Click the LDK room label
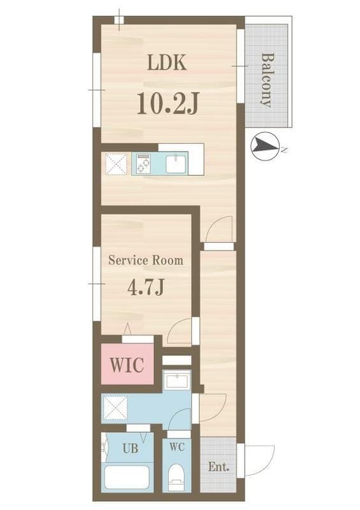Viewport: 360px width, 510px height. coord(167,62)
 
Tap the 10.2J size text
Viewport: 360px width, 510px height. coord(168,103)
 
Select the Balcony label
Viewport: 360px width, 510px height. coord(268,80)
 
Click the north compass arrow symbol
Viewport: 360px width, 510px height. coord(265,146)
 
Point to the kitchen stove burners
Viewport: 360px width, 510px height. coord(143,164)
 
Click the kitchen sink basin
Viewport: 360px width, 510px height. coord(176,164)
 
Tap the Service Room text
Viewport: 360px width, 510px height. coord(146,260)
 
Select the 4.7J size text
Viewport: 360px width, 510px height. coord(145,288)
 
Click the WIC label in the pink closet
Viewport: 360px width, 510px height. coord(127,365)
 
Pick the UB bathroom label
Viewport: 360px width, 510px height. coord(130,449)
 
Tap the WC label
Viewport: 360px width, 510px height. coord(177,447)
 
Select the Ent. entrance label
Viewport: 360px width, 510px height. coord(219,467)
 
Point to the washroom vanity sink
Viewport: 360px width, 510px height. coord(176,381)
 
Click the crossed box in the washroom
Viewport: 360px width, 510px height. coord(115,407)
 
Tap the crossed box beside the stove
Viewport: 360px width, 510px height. coord(116,164)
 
